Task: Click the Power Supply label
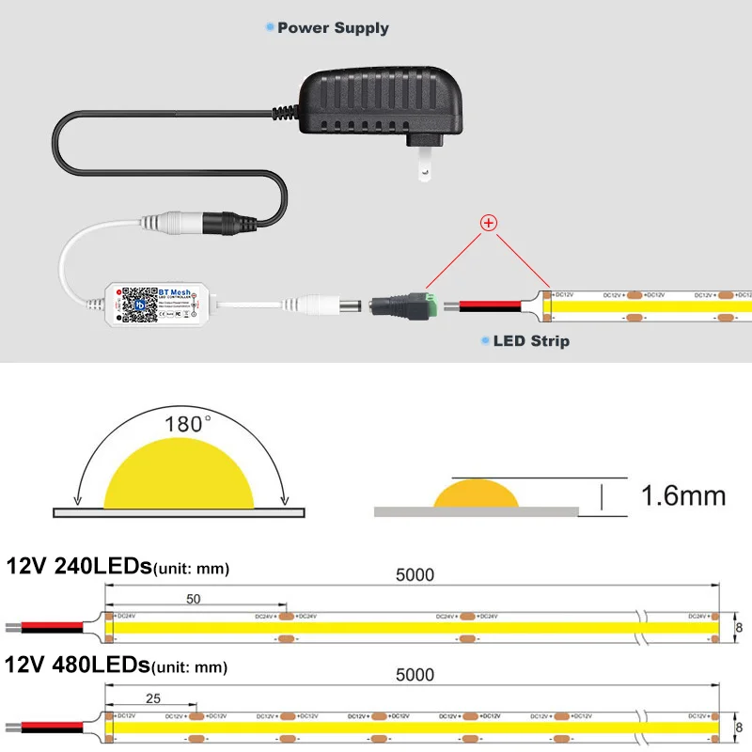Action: (332, 28)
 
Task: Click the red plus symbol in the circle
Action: (489, 223)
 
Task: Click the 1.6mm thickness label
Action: (682, 495)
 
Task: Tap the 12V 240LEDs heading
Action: (79, 566)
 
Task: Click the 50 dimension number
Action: (193, 598)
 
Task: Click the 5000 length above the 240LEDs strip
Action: (415, 575)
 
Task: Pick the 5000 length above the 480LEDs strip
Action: (415, 674)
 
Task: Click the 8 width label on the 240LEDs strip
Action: (739, 627)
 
